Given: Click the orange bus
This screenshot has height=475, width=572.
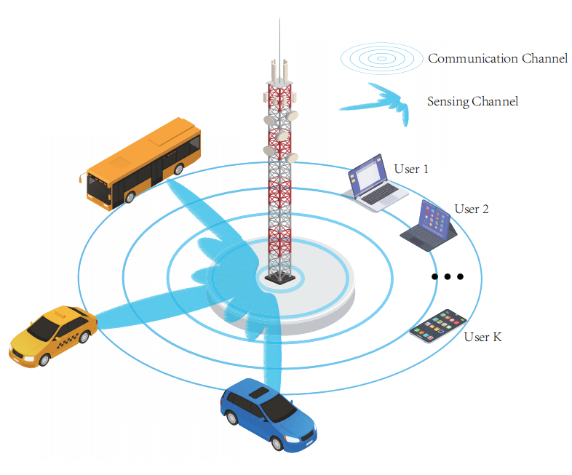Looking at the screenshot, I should [143, 164].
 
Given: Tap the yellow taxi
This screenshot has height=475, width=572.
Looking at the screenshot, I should [52, 335].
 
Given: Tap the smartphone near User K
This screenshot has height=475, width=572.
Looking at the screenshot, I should [437, 327].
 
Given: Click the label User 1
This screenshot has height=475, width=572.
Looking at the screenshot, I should [411, 169].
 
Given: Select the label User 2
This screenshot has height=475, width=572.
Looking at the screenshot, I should [471, 209].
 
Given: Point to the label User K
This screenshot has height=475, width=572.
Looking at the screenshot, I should [482, 338].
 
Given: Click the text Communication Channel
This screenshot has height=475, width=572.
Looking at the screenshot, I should [498, 58].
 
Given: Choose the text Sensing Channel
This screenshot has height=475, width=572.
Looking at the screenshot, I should [472, 101].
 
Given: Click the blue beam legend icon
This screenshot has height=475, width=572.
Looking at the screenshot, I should [378, 100].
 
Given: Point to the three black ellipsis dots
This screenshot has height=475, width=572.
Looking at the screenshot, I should [447, 276].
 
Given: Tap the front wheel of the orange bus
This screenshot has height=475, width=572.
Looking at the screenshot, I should [130, 196].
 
